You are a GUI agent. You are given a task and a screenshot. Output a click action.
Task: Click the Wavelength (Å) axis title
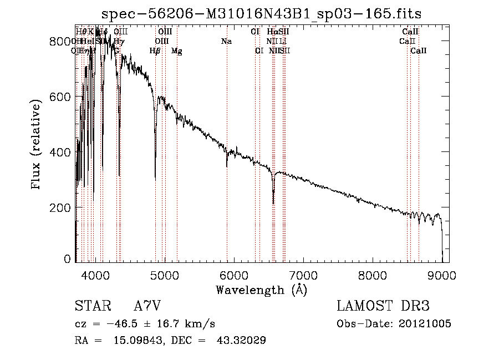click(261, 289)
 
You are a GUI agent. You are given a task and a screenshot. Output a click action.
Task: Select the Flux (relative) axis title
click(37, 146)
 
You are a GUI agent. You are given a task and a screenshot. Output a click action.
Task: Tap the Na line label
click(226, 42)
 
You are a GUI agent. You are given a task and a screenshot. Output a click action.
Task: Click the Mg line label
click(177, 51)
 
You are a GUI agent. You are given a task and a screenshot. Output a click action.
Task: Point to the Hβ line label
click(155, 51)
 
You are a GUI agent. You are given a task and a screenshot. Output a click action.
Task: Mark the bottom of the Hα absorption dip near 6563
click(273, 203)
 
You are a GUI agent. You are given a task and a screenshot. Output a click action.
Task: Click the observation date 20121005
click(425, 323)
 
